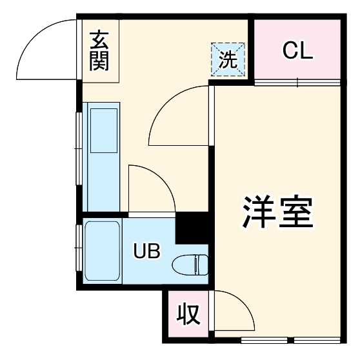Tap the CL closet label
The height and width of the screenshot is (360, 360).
pyautogui.click(x=297, y=51)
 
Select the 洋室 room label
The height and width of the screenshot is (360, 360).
pyautogui.click(x=277, y=211)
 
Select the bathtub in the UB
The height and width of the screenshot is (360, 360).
pyautogui.click(x=103, y=252)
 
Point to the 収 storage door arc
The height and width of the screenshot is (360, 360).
pyautogui.click(x=235, y=310)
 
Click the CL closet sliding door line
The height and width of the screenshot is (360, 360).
pyautogui.click(x=297, y=83)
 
